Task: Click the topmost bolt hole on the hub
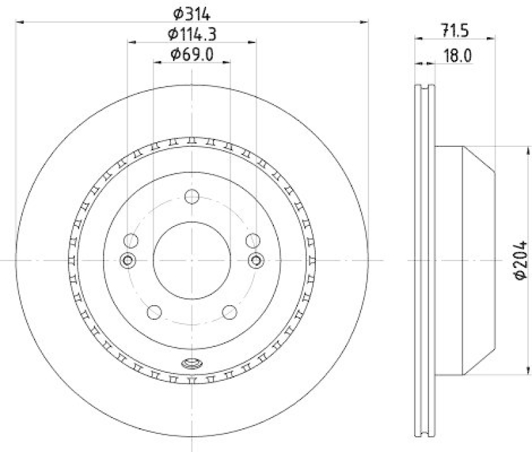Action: click(192, 197)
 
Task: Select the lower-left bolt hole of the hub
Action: click(154, 311)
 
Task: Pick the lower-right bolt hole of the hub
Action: click(230, 311)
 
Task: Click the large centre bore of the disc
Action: click(192, 260)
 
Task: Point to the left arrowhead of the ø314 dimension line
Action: click(18, 22)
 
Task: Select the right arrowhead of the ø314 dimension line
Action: click(366, 22)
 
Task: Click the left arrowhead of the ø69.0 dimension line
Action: click(157, 62)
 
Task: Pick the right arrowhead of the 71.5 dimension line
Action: click(491, 38)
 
